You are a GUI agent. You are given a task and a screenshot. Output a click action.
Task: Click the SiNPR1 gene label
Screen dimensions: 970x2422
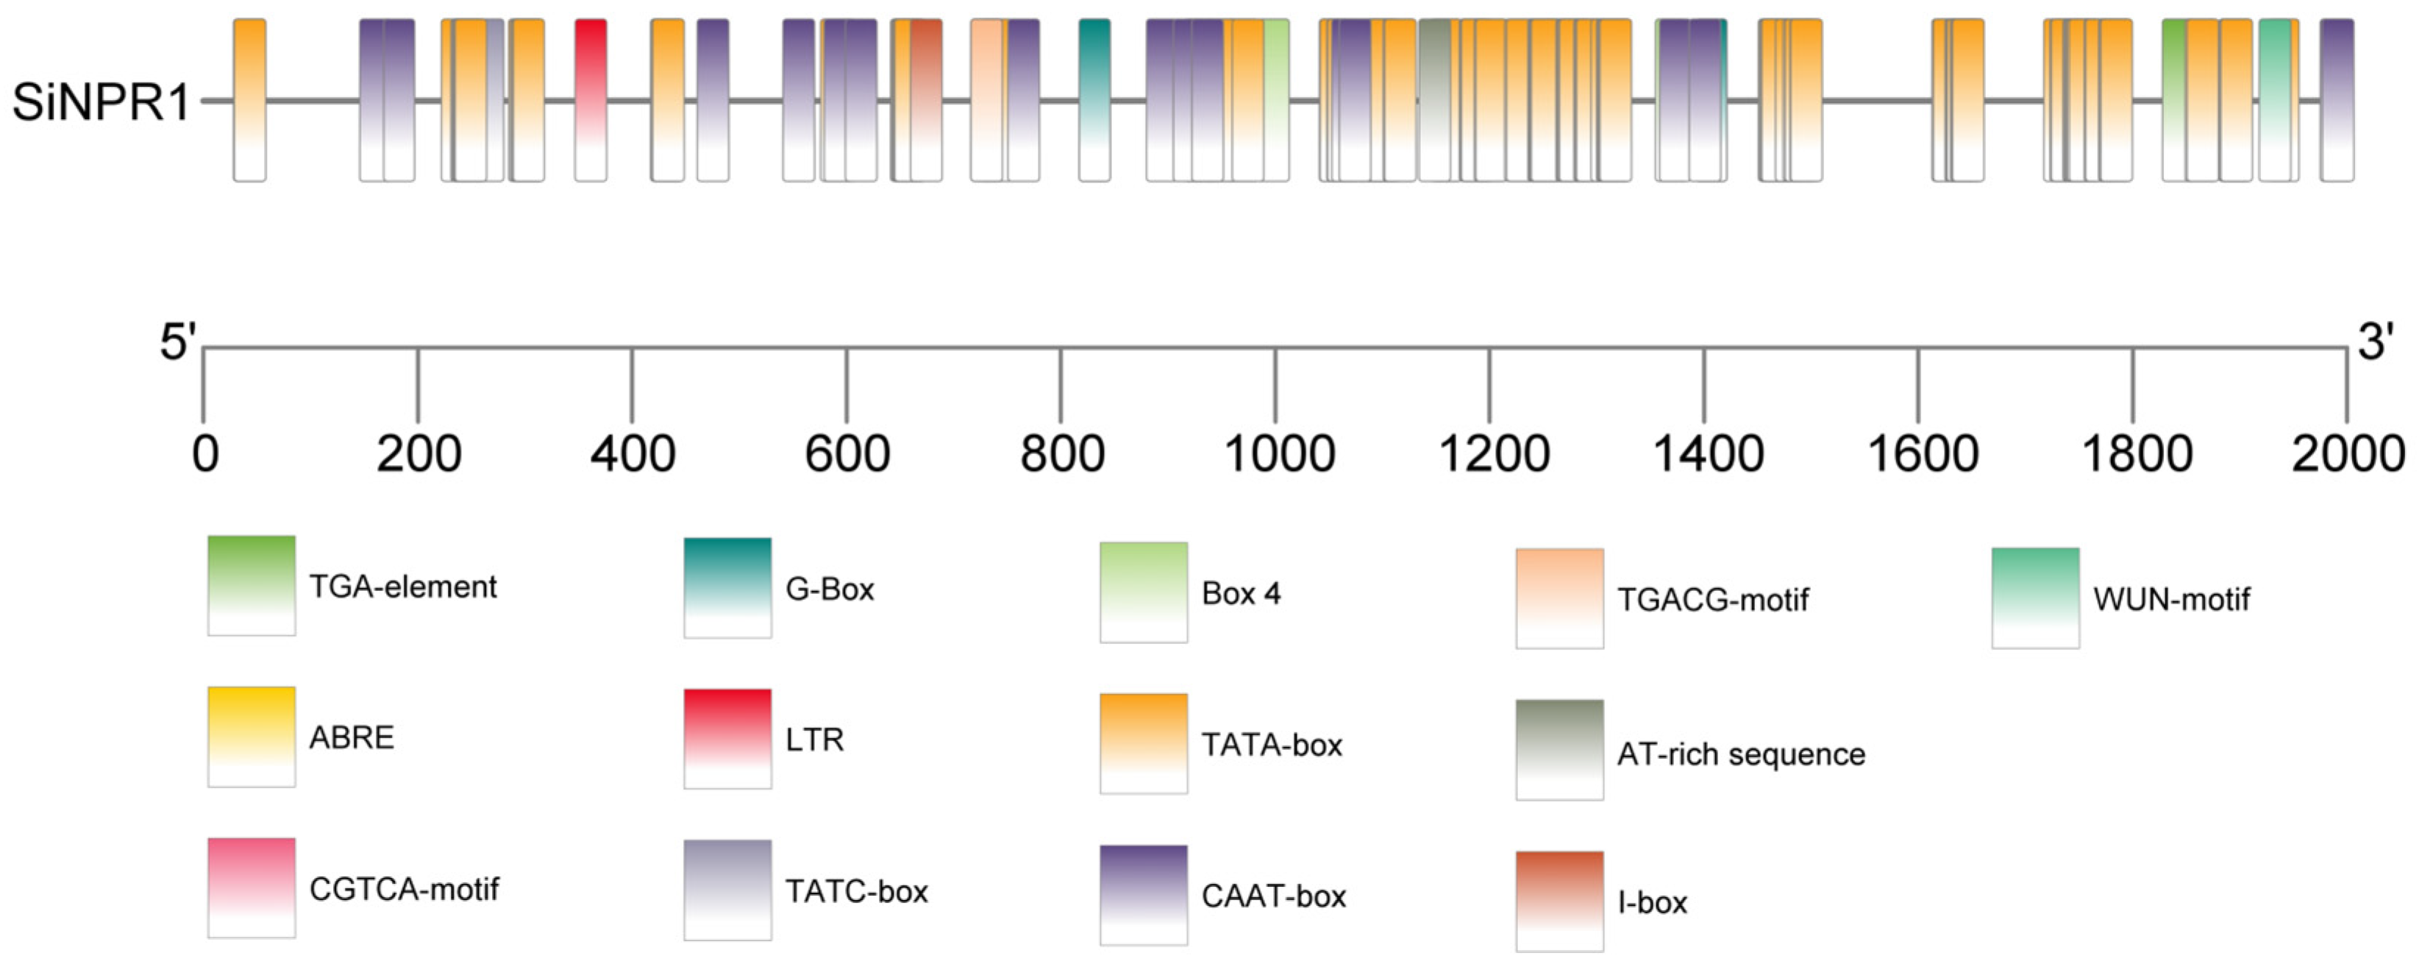(101, 102)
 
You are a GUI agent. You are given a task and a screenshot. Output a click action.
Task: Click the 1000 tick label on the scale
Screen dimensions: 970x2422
(1279, 454)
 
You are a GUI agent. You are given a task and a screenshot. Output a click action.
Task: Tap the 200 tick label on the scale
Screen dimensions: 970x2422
(418, 454)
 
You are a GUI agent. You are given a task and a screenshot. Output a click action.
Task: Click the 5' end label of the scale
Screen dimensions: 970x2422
(177, 341)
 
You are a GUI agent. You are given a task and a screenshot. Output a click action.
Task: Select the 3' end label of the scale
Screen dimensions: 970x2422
(2375, 341)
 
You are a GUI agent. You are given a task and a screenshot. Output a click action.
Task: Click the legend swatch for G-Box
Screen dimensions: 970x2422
(727, 588)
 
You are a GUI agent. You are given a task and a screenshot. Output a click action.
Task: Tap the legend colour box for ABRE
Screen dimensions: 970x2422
(251, 737)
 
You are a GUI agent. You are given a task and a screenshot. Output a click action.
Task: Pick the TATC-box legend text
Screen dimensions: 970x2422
(855, 891)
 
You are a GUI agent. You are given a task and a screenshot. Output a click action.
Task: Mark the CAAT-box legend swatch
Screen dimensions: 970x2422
(1143, 895)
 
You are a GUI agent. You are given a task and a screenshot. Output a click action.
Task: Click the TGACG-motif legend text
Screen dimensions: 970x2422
(1712, 599)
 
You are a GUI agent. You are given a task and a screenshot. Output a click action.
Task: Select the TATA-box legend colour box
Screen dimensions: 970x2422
(1143, 743)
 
